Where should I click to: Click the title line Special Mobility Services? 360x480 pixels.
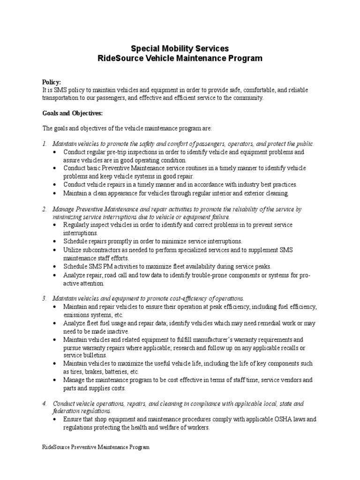tap(180, 48)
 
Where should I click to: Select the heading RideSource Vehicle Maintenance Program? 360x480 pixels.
tap(180, 59)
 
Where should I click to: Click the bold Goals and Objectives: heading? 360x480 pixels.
tap(72, 113)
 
